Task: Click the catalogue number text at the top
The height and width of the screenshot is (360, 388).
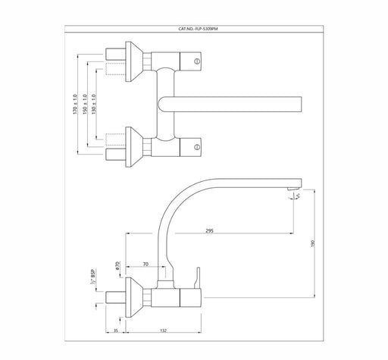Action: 198,29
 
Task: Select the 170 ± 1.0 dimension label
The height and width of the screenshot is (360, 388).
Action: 75,104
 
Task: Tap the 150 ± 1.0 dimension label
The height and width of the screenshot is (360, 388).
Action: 85,104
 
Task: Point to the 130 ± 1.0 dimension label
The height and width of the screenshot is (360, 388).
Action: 94,104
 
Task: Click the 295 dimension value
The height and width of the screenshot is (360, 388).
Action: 210,230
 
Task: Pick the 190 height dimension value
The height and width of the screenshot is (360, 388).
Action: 314,243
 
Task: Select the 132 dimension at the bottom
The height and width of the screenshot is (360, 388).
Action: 164,330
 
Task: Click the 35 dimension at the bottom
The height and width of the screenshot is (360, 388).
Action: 115,330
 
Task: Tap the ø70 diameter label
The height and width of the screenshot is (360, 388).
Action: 117,265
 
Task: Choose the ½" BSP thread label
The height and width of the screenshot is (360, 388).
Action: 92,277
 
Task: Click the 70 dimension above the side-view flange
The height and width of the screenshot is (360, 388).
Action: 145,265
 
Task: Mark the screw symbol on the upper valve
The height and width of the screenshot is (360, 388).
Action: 197,61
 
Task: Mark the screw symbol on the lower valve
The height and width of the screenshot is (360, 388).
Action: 197,147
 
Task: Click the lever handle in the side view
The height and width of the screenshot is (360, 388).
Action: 197,277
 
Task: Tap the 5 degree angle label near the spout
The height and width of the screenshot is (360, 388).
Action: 298,195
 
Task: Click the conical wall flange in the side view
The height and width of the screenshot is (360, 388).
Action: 134,297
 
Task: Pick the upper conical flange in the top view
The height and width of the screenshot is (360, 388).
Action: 134,61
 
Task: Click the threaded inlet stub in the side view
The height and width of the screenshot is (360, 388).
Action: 115,297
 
